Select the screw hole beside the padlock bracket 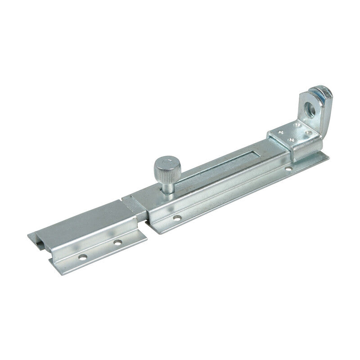(x=288, y=169)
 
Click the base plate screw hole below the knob (x=177, y=217)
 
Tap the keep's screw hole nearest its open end (x=82, y=258)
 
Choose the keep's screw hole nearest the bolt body (x=117, y=243)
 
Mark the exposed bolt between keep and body (x=134, y=205)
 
